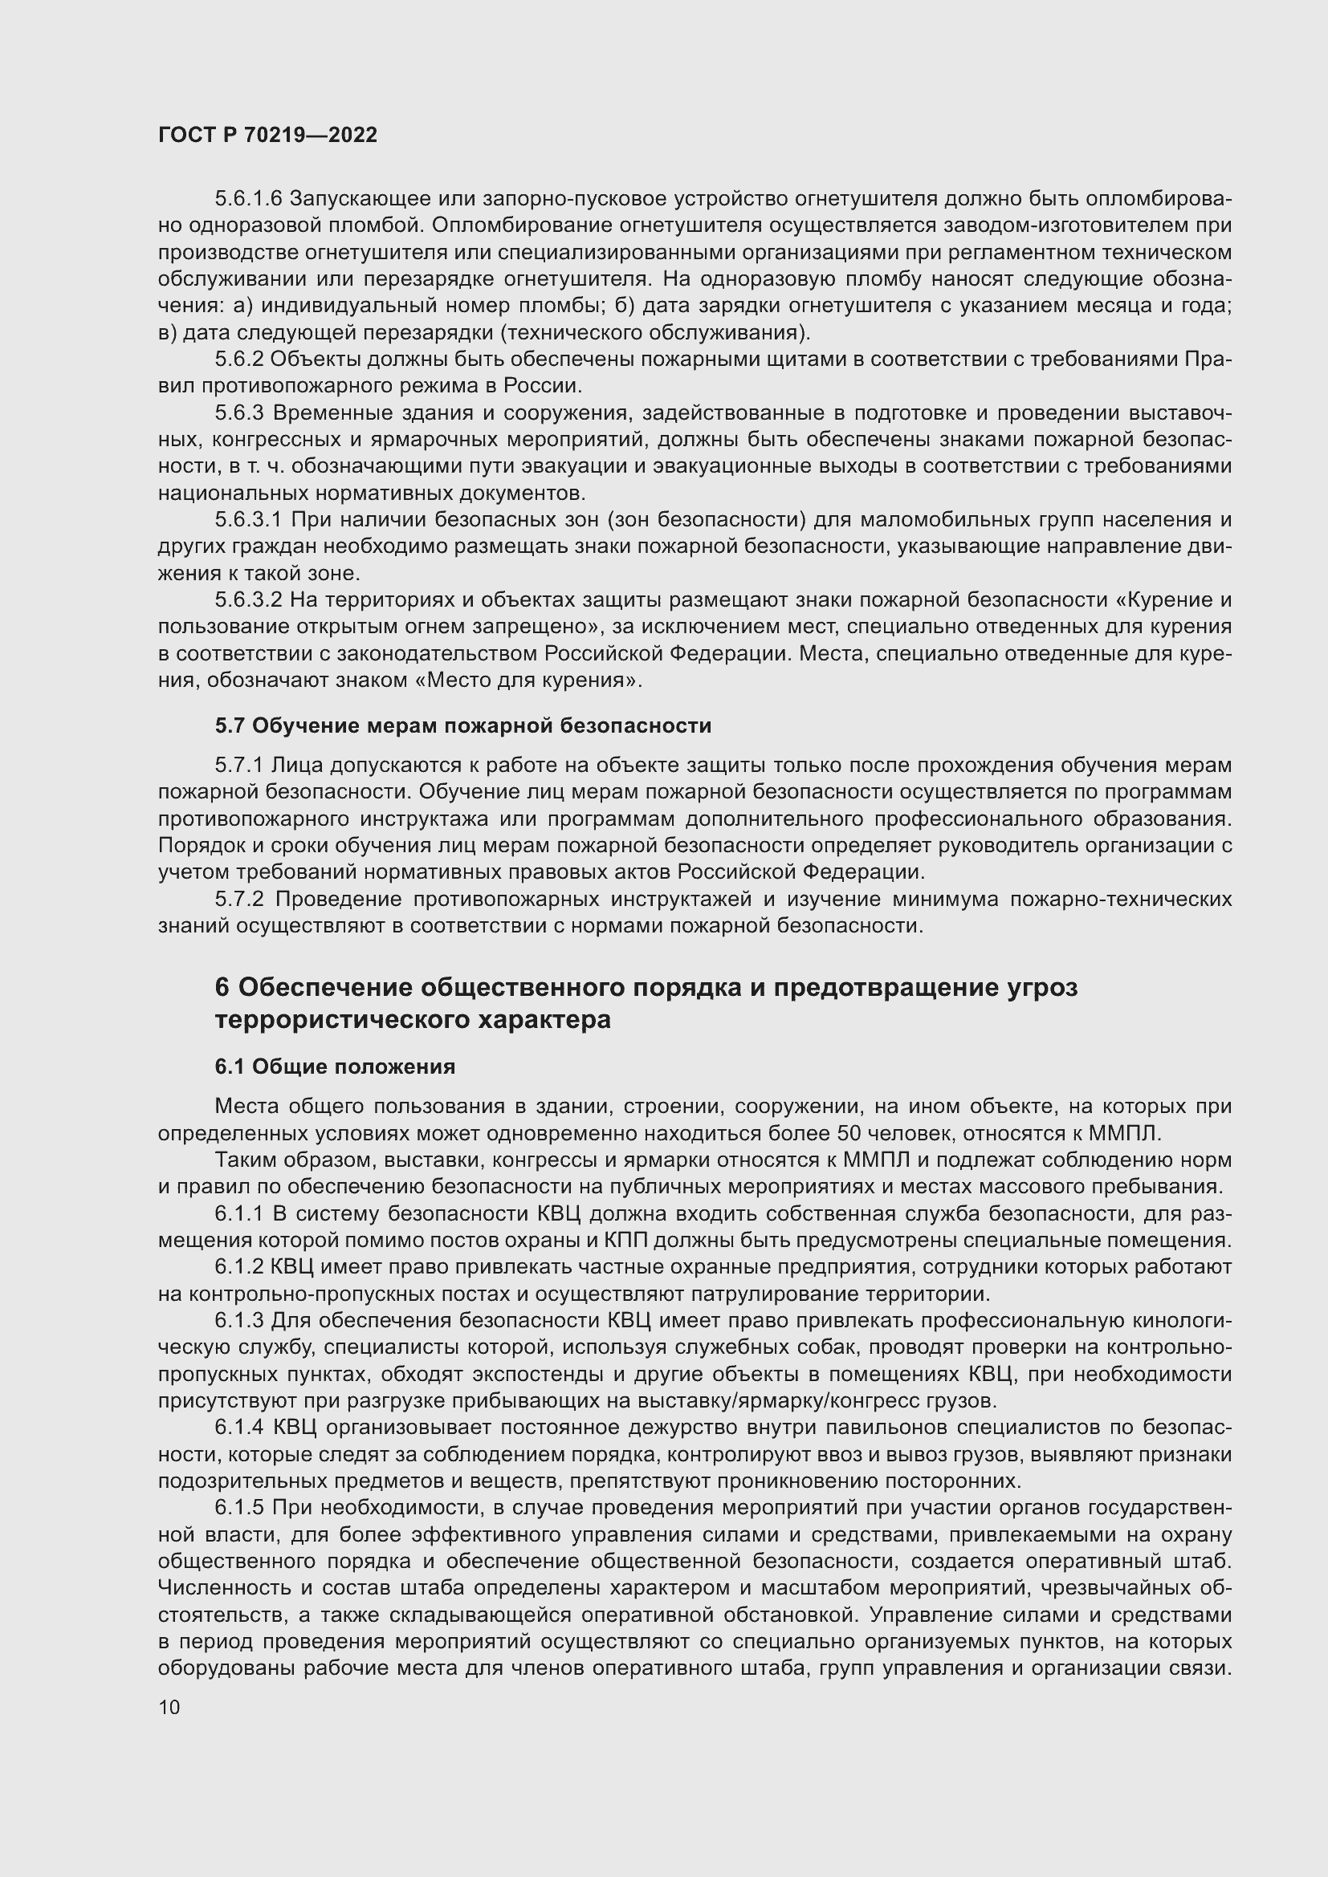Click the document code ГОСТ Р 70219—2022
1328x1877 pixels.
[x=267, y=136]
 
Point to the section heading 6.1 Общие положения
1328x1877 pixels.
[x=335, y=1066]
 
